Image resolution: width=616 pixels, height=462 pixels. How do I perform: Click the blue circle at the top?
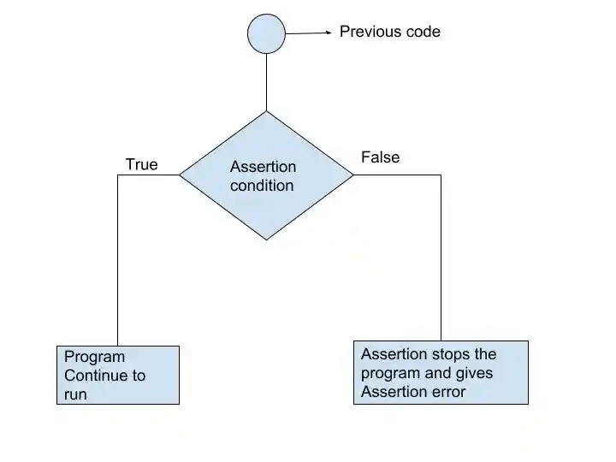tap(266, 34)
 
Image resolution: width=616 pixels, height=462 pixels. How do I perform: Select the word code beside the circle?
tap(423, 32)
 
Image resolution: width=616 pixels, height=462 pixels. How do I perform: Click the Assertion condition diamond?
tap(266, 201)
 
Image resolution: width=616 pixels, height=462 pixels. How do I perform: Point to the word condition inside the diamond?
tap(262, 186)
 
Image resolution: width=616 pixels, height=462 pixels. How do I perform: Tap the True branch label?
tap(141, 164)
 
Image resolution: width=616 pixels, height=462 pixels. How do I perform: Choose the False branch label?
tap(380, 157)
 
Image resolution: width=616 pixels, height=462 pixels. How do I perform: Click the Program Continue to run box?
tap(118, 375)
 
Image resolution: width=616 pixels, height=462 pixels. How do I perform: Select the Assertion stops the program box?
tap(441, 372)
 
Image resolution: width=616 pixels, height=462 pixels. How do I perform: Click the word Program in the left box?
tap(94, 357)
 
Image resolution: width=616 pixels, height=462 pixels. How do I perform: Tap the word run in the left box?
tap(75, 394)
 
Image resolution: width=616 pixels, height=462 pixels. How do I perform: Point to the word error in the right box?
tap(447, 392)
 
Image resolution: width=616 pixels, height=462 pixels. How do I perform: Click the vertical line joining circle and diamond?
tap(266, 82)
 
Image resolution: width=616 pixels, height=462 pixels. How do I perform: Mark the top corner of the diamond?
tap(266, 112)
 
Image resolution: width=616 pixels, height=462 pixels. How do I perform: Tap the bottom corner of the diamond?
tap(266, 239)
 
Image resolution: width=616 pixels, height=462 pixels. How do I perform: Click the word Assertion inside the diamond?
tap(264, 167)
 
